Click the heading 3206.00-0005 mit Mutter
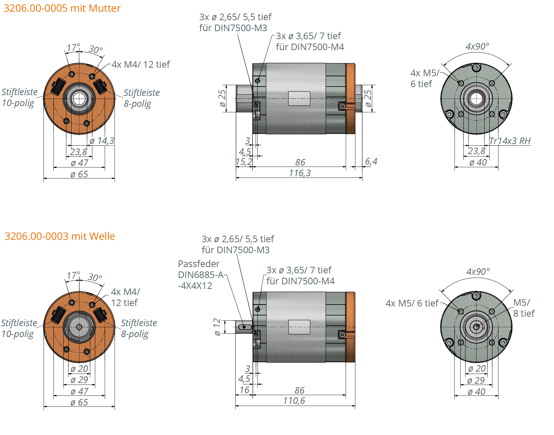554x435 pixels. tap(62, 8)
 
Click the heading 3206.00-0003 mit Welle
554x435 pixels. tap(60, 236)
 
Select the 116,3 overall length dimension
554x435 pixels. tap(300, 173)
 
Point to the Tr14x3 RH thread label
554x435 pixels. tap(510, 141)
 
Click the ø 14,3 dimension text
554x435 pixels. tap(102, 141)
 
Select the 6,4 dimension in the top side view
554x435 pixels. tap(371, 161)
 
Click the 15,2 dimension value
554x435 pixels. tap(244, 162)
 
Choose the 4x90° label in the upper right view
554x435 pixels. tap(477, 46)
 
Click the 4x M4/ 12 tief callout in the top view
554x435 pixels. tap(141, 65)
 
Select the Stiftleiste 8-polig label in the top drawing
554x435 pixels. tap(141, 98)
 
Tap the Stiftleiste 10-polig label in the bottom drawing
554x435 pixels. tap(19, 328)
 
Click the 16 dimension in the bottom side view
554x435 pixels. tap(245, 390)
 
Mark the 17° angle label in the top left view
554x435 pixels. tap(73, 47)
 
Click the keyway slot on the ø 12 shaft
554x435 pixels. tap(245, 327)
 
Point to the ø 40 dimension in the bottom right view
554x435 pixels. tap(476, 391)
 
